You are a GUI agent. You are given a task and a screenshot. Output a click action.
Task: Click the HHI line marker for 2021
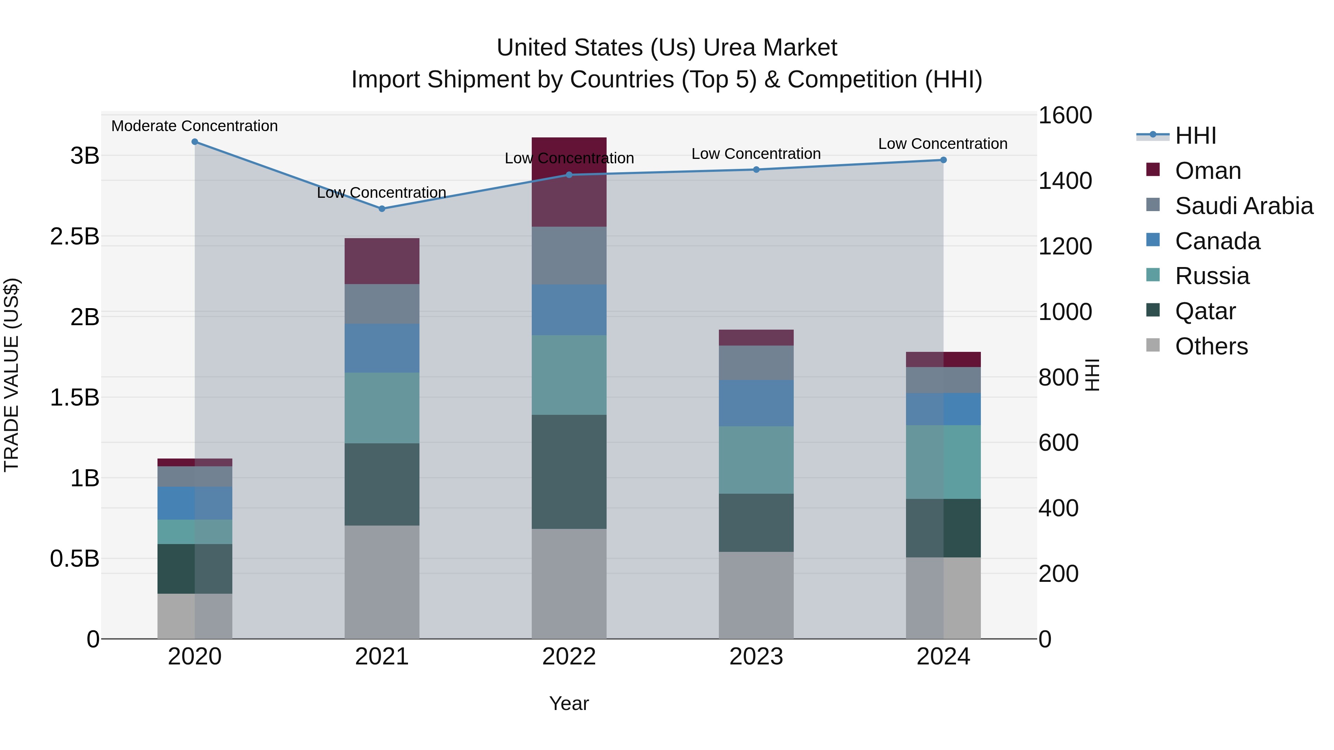pyautogui.click(x=382, y=209)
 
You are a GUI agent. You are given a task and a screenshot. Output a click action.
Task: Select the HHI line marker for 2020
pyautogui.click(x=195, y=142)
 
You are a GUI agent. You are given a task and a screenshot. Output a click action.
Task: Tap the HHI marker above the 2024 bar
pyautogui.click(x=943, y=160)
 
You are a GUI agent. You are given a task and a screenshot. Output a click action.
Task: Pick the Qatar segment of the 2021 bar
pyautogui.click(x=382, y=484)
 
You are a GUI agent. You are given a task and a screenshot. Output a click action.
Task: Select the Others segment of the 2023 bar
pyautogui.click(x=756, y=595)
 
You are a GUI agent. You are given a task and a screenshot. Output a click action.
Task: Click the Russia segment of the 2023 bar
pyautogui.click(x=756, y=460)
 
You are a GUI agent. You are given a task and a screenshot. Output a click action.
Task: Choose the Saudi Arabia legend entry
pyautogui.click(x=1243, y=206)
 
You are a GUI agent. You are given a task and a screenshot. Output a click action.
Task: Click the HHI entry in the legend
pyautogui.click(x=1195, y=136)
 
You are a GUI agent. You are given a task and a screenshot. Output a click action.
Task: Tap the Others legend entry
pyautogui.click(x=1211, y=346)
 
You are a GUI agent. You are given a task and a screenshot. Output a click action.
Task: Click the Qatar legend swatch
pyautogui.click(x=1153, y=311)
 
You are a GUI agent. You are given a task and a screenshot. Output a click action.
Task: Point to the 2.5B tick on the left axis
pyautogui.click(x=74, y=237)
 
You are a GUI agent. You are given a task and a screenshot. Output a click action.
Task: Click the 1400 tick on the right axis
pyautogui.click(x=1065, y=181)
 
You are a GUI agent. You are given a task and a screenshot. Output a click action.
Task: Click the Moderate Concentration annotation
pyautogui.click(x=195, y=126)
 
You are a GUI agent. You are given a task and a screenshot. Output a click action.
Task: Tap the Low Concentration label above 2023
pyautogui.click(x=756, y=154)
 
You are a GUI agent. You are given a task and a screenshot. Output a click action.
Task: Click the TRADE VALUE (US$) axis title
pyautogui.click(x=11, y=375)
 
